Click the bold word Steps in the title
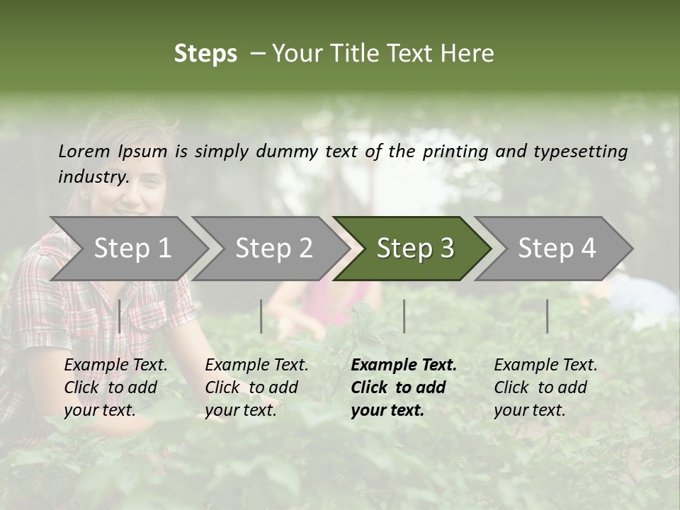(x=205, y=54)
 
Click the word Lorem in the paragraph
(x=84, y=151)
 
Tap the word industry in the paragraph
(x=93, y=176)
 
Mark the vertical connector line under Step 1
(x=120, y=316)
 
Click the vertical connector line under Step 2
(x=261, y=316)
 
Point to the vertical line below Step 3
(x=404, y=316)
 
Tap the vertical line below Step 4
(x=547, y=316)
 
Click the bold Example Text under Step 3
(x=404, y=365)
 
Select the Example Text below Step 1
(x=115, y=365)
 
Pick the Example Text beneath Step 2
(x=256, y=365)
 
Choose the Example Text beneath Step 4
(x=545, y=365)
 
